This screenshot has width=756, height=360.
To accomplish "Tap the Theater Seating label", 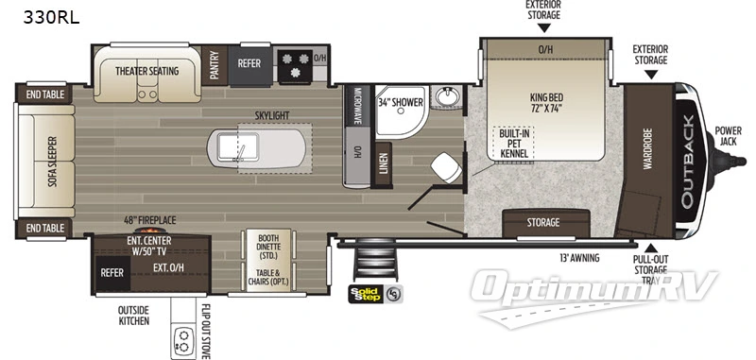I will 148,71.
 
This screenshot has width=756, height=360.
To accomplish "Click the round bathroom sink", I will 444,98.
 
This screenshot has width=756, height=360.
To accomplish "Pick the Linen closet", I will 383,163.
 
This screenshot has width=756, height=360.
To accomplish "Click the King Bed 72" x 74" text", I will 545,102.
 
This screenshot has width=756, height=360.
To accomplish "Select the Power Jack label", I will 729,135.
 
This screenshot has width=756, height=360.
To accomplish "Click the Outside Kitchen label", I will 133,315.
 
